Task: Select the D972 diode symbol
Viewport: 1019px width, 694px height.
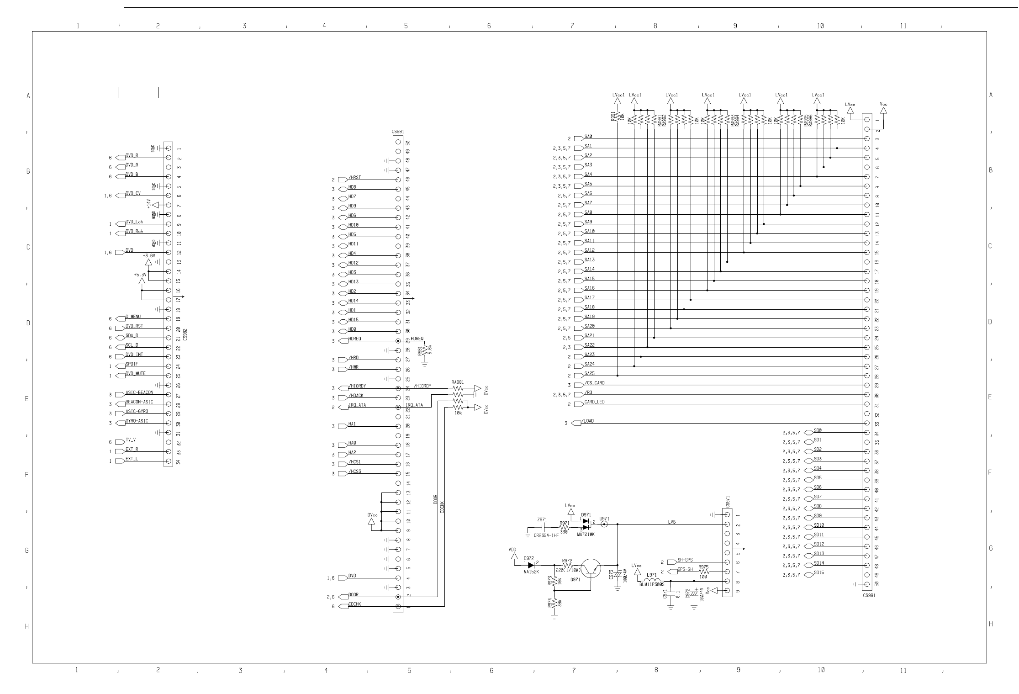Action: pos(531,565)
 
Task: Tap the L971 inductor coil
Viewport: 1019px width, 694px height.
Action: pos(652,581)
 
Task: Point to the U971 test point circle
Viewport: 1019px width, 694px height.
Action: pos(604,524)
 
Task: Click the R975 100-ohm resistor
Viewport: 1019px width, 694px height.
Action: pos(703,572)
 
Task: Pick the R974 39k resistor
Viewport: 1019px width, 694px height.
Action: pos(554,603)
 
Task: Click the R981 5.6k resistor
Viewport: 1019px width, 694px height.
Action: pos(425,350)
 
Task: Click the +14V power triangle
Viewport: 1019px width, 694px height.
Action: pos(155,205)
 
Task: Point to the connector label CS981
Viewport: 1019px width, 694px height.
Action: pos(397,132)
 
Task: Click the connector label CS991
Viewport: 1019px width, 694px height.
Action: pos(869,595)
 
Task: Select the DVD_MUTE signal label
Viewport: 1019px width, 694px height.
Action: pos(136,374)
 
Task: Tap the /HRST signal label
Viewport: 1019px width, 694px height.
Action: pos(354,177)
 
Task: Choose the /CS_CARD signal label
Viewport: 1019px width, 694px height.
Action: pos(594,383)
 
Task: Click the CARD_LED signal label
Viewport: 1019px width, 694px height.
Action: pos(594,402)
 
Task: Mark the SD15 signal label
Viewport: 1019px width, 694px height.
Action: pos(819,572)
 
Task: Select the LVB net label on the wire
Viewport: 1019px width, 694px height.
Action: pos(671,522)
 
